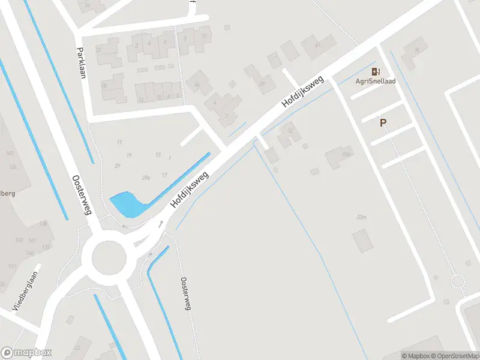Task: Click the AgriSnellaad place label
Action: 376,81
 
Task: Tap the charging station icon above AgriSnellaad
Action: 376,71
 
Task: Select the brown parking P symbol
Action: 383,122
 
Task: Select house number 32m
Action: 361,217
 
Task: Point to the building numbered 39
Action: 262,84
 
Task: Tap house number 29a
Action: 146,178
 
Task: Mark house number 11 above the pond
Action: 119,142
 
